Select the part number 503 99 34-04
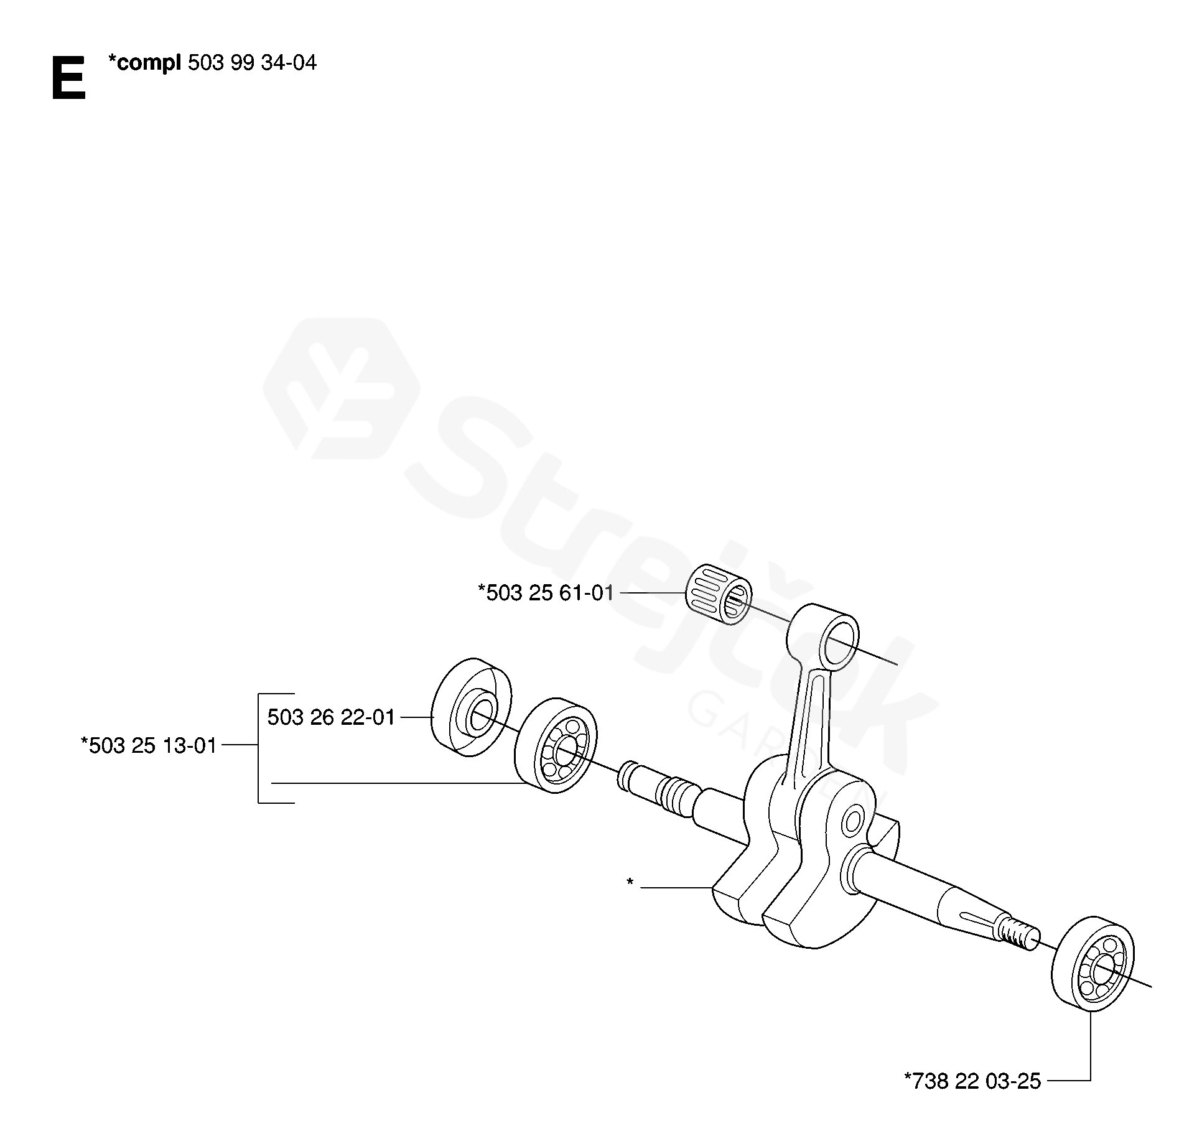point(251,63)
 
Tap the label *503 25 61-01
point(546,593)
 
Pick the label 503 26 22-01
point(331,717)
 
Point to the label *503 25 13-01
point(149,745)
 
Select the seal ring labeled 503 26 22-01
point(471,707)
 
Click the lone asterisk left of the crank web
point(630,882)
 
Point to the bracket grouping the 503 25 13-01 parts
point(259,747)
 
